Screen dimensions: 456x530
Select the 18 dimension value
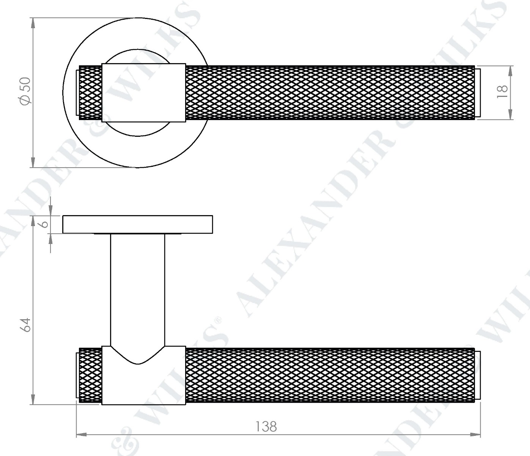coord(502,92)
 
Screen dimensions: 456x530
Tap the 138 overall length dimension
coord(266,426)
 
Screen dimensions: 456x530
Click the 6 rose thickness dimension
coord(45,224)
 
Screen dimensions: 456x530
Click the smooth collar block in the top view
coord(143,93)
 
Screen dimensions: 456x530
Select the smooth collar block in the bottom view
coord(143,384)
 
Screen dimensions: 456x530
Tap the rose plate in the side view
coord(137,224)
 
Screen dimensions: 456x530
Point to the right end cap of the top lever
coord(478,93)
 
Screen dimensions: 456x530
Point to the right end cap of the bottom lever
coord(478,375)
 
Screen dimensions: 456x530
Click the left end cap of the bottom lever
coord(78,375)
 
